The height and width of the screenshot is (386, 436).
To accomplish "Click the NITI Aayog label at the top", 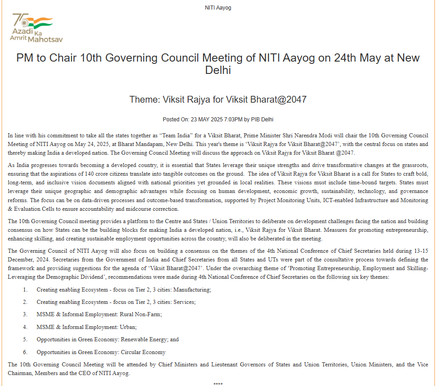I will coord(218,8).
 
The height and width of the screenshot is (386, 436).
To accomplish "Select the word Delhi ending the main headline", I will coord(218,71).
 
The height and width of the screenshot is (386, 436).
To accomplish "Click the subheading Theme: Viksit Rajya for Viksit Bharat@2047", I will coord(218,99).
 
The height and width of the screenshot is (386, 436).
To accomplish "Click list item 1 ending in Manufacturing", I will coord(124,290).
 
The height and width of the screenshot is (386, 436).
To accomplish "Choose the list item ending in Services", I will coord(116,302).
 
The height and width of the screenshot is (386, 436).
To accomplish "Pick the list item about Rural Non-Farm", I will coord(99,314).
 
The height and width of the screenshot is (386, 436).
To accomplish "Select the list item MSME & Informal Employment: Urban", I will coord(87,327).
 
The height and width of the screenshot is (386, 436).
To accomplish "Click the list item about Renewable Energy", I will coord(108,339).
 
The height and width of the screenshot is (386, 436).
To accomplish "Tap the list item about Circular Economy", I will coord(101,352).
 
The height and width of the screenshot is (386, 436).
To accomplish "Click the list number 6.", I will coord(26,352).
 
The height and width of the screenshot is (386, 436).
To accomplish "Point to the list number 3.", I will coord(26,314).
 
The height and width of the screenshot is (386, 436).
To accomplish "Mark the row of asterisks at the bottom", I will coord(218,384).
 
